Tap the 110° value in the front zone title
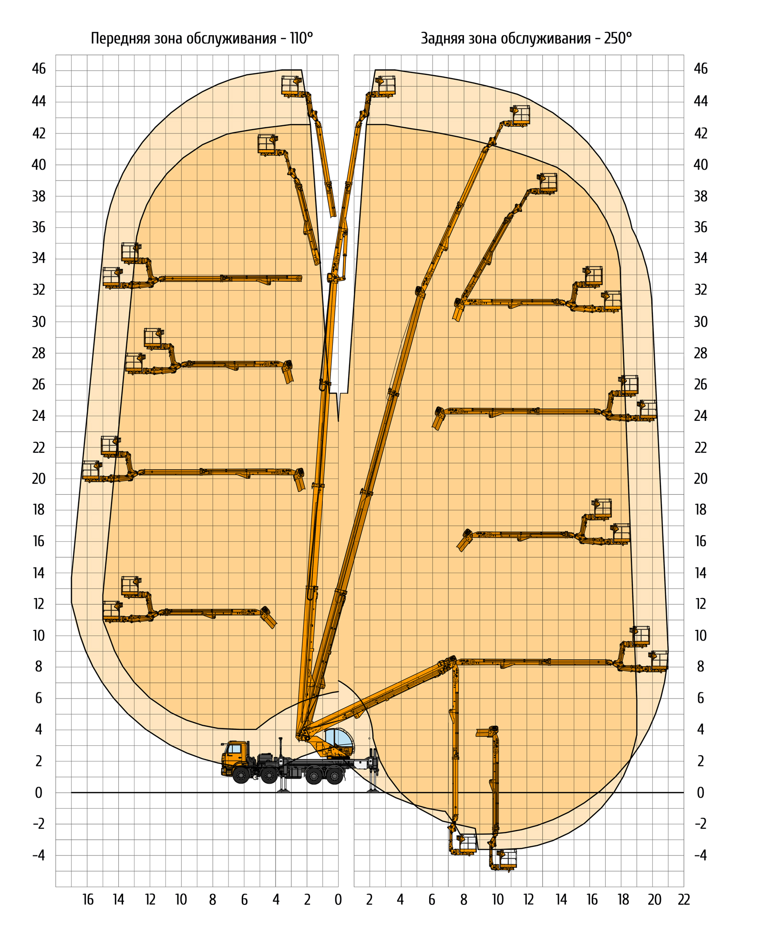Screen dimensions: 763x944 point(301,38)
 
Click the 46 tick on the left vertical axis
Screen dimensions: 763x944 point(39,69)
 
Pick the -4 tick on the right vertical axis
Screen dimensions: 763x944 point(700,855)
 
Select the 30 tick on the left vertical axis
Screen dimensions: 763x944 point(39,322)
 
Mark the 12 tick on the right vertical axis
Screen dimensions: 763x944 point(700,604)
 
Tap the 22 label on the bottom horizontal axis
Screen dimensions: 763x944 point(684,900)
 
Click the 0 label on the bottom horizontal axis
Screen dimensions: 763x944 point(338,900)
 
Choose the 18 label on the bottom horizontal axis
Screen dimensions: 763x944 point(623,900)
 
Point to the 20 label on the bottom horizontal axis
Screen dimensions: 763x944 point(654,900)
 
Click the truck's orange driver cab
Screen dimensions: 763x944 point(235,753)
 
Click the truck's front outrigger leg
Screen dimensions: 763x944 point(283,782)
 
